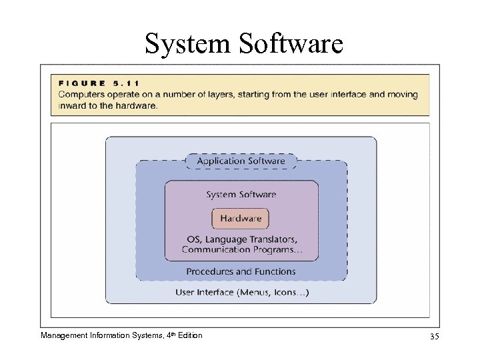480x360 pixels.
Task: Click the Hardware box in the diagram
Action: pos(241,218)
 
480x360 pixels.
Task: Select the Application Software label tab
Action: pos(241,161)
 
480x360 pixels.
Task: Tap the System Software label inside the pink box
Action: pos(241,195)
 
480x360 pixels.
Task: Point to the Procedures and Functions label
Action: pos(241,271)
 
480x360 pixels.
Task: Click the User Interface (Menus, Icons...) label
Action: pos(241,292)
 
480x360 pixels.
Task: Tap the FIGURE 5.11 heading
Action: pos(99,83)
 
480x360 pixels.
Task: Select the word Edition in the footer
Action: pos(188,335)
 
